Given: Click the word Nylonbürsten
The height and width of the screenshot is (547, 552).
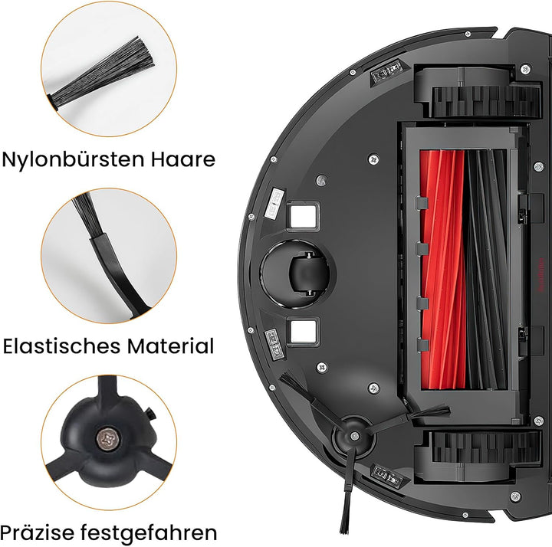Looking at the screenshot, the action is click(x=73, y=160).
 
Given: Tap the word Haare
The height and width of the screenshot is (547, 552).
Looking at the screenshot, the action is click(x=183, y=159).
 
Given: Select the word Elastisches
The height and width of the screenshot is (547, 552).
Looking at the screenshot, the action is click(x=62, y=346).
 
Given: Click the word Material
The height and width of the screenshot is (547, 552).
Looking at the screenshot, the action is click(x=170, y=346).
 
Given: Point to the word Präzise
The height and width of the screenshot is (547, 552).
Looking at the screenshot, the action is click(x=37, y=532).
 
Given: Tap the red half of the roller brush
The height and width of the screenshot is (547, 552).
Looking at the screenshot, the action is click(x=442, y=270).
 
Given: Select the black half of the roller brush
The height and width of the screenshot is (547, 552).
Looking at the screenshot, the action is click(x=486, y=270).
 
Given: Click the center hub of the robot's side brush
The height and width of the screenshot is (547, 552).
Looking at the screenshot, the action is click(x=354, y=436).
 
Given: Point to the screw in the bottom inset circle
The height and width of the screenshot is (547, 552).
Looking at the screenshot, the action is click(x=108, y=439).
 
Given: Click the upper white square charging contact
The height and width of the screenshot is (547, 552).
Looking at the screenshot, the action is click(x=303, y=215).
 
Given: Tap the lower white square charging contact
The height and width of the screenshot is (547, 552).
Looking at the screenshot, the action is click(x=303, y=331).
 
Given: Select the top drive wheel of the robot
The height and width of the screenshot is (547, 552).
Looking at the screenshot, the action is click(x=486, y=102).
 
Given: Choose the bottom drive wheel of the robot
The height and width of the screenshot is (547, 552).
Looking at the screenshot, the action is click(x=486, y=447).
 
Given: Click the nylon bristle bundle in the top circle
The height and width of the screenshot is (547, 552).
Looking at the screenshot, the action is click(x=101, y=74).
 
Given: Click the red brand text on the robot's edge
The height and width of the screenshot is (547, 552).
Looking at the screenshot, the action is click(x=541, y=275).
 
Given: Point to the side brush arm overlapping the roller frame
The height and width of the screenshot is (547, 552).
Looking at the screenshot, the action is click(x=409, y=418).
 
